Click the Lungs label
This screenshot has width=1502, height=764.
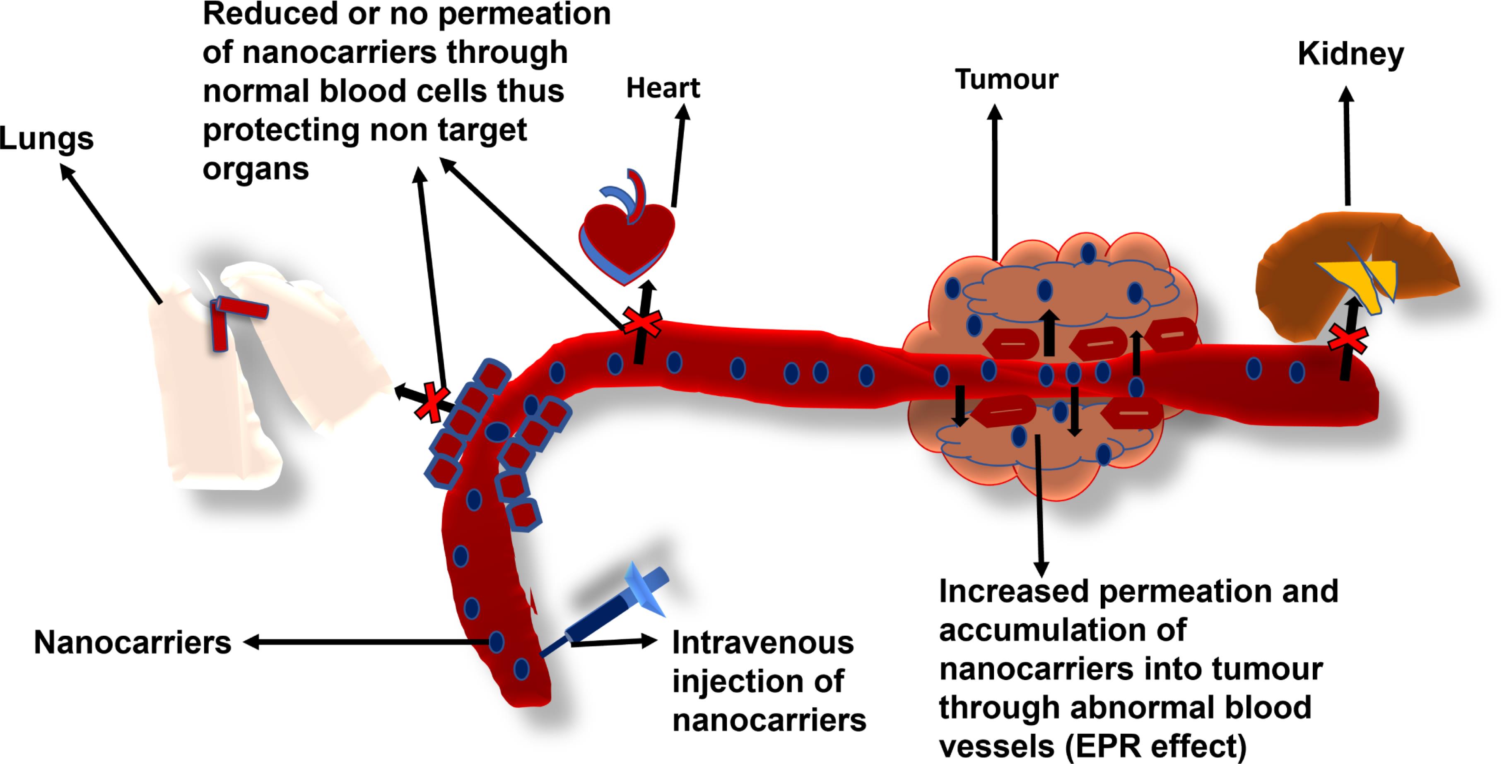click(47, 139)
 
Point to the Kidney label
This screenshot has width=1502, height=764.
click(1350, 55)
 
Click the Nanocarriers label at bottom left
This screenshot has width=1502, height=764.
click(133, 643)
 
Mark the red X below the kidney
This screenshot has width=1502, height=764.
click(1348, 340)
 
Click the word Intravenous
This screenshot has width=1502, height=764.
click(763, 643)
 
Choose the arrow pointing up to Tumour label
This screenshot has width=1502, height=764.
click(995, 181)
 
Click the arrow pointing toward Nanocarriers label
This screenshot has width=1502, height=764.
click(367, 642)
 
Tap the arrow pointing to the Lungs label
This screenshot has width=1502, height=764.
click(111, 233)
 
